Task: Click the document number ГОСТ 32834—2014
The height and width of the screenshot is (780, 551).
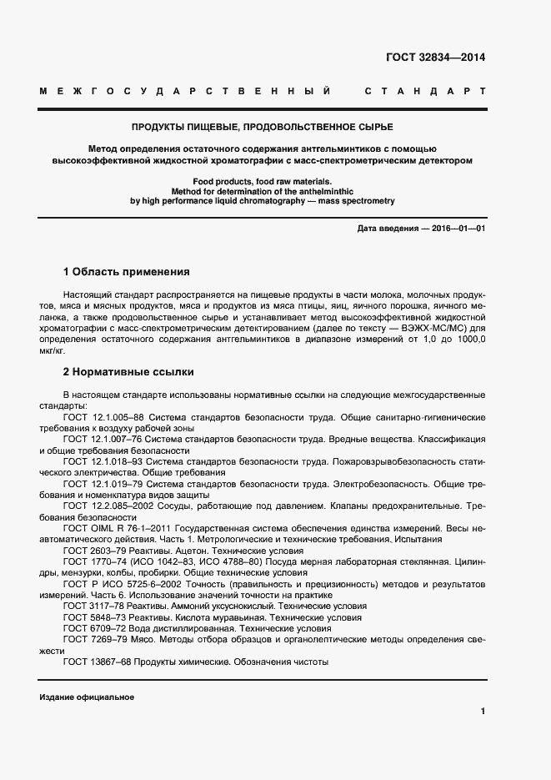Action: [x=435, y=58]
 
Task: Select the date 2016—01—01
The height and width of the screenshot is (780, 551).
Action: [x=457, y=229]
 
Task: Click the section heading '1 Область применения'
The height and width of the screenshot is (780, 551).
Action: [x=127, y=272]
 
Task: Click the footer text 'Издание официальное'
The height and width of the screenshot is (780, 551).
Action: [x=87, y=697]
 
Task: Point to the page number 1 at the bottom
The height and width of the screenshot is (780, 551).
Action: [x=483, y=711]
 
